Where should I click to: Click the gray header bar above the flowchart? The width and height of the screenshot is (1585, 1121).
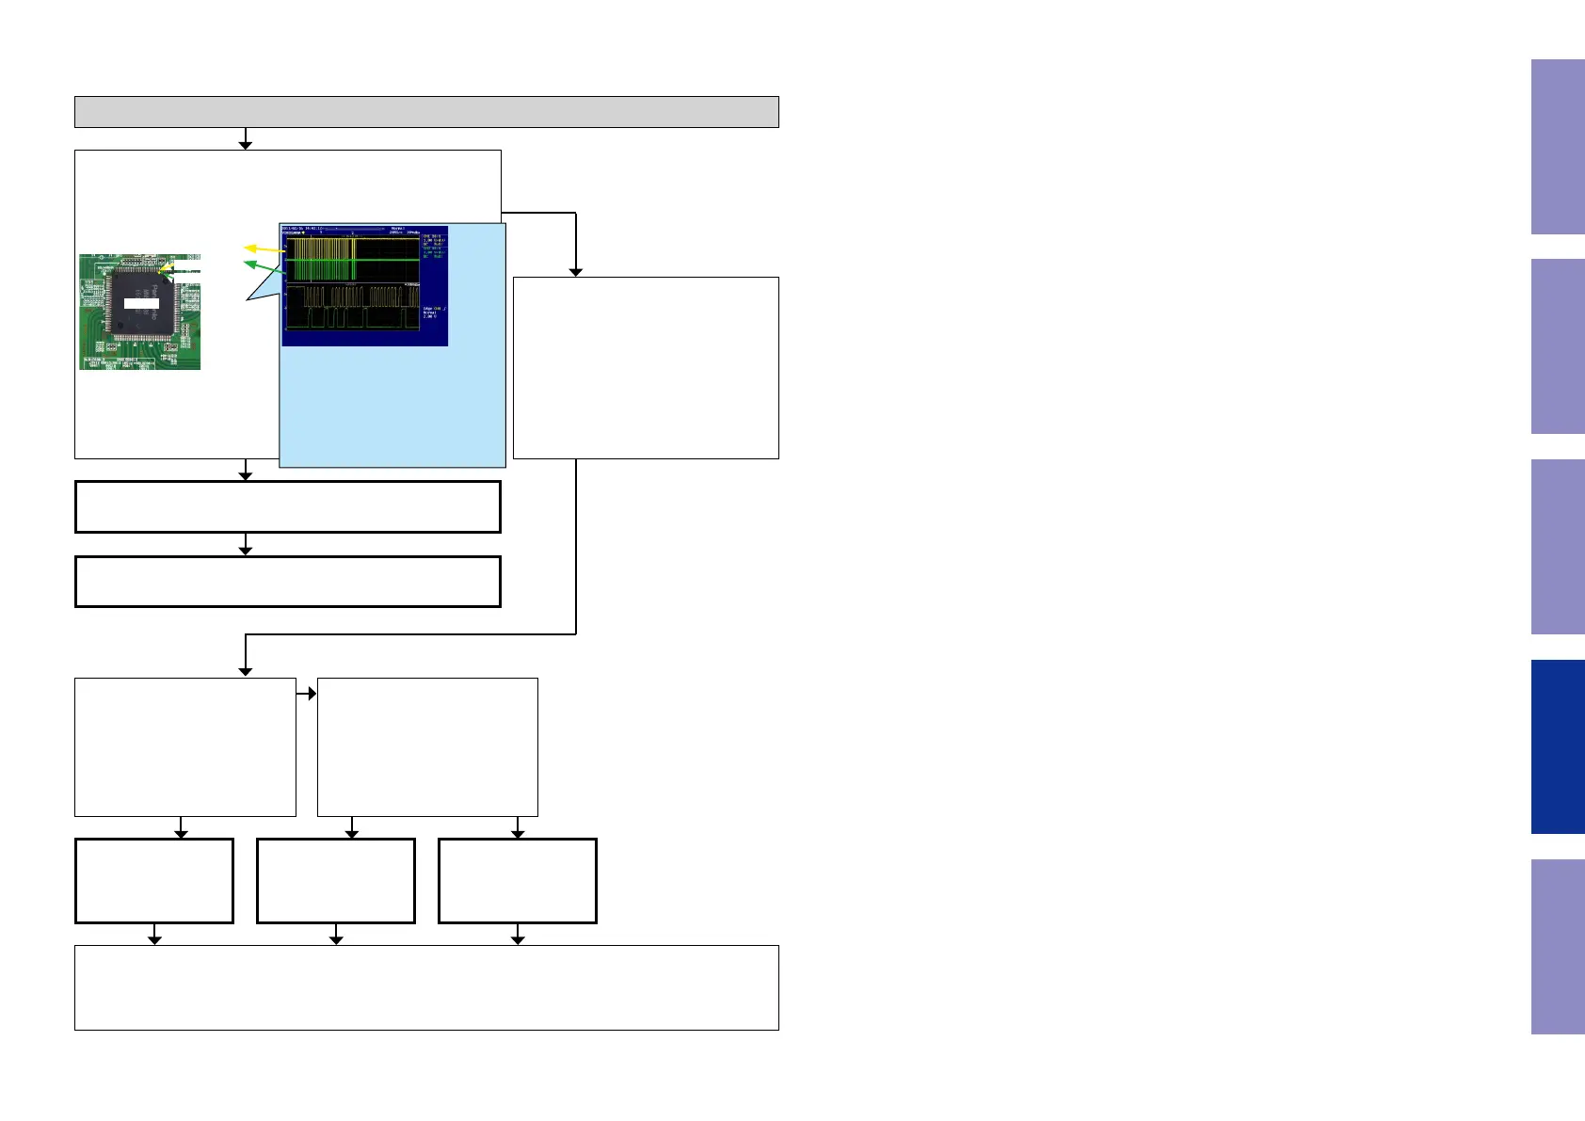pyautogui.click(x=426, y=111)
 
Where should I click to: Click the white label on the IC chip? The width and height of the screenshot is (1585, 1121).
pyautogui.click(x=141, y=303)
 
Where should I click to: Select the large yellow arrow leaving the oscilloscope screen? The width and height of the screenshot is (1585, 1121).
pyautogui.click(x=264, y=249)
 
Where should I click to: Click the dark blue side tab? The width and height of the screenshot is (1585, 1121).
pyautogui.click(x=1558, y=746)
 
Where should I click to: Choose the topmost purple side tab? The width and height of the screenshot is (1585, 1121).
pyautogui.click(x=1558, y=147)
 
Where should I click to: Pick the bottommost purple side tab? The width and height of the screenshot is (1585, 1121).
pyautogui.click(x=1558, y=946)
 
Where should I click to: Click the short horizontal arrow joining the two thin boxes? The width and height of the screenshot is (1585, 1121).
pyautogui.click(x=307, y=694)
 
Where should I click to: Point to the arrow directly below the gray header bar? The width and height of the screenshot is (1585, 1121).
pyautogui.click(x=246, y=139)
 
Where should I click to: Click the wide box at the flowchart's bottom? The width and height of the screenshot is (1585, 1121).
pyautogui.click(x=426, y=987)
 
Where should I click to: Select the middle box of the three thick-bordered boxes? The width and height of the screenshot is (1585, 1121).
pyautogui.click(x=336, y=881)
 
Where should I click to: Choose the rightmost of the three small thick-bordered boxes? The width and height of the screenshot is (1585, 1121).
pyautogui.click(x=518, y=881)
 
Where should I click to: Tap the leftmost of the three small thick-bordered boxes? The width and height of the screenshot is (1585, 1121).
pyautogui.click(x=154, y=881)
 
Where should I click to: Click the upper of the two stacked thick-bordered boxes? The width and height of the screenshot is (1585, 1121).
pyautogui.click(x=287, y=507)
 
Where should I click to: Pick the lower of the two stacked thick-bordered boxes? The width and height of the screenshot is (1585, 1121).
pyautogui.click(x=287, y=582)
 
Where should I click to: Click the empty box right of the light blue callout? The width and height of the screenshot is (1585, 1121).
pyautogui.click(x=646, y=367)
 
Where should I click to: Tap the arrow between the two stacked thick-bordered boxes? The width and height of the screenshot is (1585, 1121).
pyautogui.click(x=246, y=545)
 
